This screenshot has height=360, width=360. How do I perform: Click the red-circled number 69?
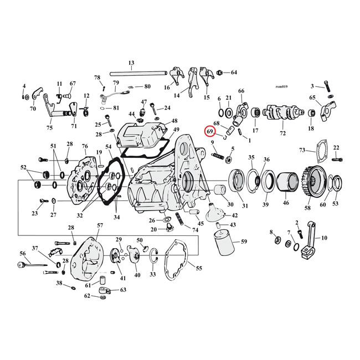click(x=210, y=132)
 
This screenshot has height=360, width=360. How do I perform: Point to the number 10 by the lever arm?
click(x=324, y=238)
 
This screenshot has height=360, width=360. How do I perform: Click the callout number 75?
click(x=49, y=128)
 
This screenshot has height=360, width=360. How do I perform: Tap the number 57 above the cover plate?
click(x=100, y=225)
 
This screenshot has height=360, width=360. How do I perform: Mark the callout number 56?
click(x=23, y=253)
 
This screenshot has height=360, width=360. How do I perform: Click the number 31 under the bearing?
click(x=244, y=206)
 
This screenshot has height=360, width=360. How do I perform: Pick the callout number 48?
click(x=174, y=121)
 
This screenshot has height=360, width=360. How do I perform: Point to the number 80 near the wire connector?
click(x=147, y=87)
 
